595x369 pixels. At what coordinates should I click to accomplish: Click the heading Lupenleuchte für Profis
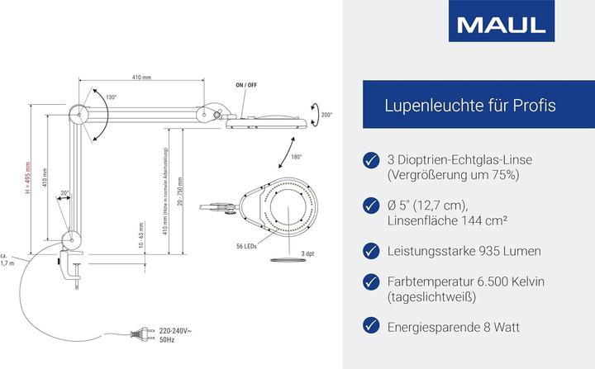click(469, 106)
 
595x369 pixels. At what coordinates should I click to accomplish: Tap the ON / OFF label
click(246, 86)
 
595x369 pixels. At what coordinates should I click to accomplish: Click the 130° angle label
click(111, 98)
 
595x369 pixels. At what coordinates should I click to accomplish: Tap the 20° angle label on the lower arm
click(64, 195)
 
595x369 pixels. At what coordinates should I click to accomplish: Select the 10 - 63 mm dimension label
click(141, 235)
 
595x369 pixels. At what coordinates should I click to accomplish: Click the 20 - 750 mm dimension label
click(191, 199)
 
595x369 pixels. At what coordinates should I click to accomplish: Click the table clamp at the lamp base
click(73, 264)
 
